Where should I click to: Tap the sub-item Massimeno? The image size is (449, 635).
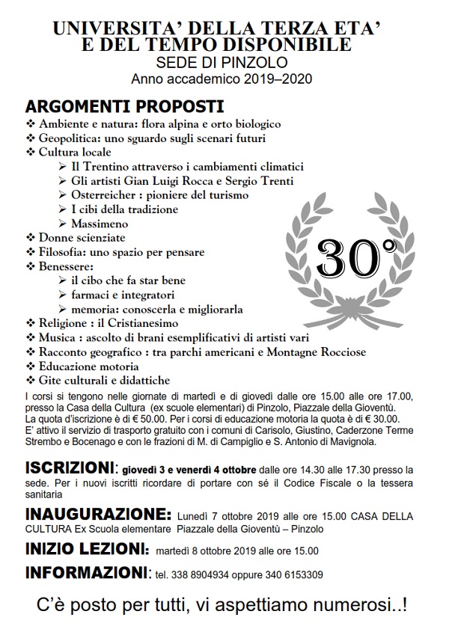[x=100, y=223]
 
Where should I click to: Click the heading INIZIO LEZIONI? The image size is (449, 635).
[x=87, y=550]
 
